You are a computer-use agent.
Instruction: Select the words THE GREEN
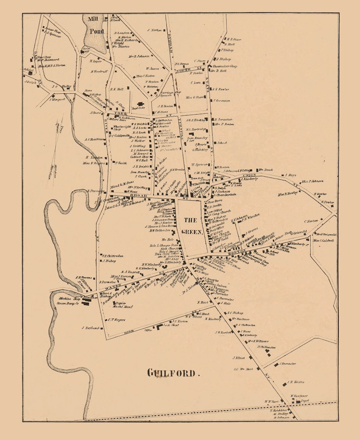[x=190, y=226]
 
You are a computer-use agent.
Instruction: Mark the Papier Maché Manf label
[x=118, y=305]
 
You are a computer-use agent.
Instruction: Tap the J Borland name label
[x=90, y=328]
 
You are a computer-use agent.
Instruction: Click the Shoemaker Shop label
[x=227, y=66]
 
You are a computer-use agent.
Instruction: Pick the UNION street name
[x=248, y=175]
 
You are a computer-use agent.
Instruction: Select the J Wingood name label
[x=58, y=99]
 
